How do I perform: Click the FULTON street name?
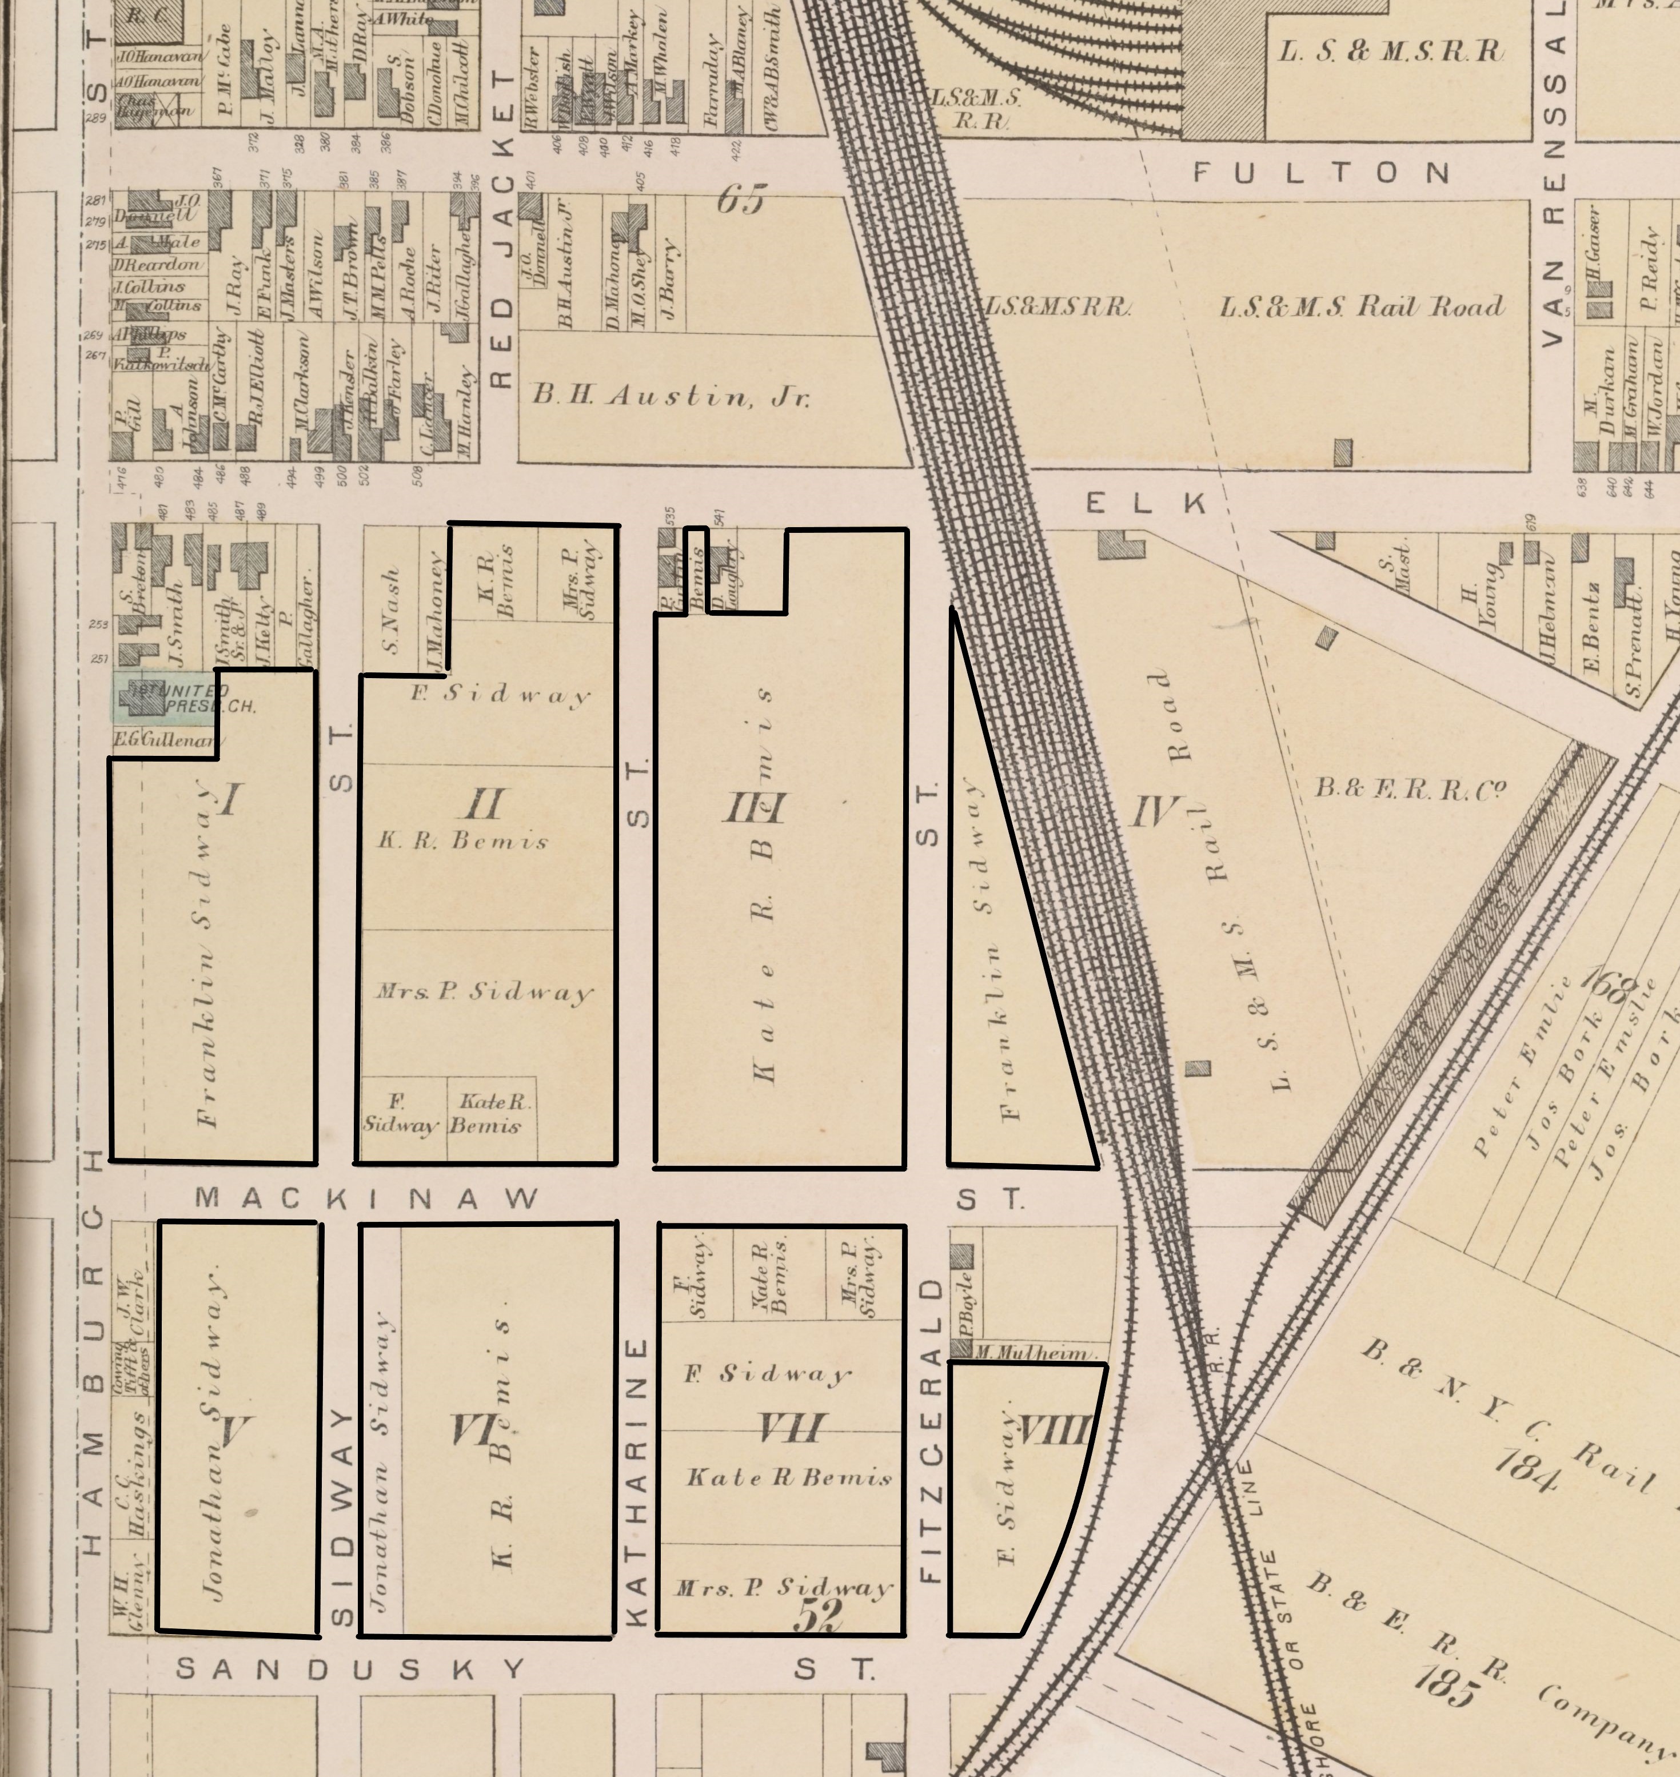click(1321, 172)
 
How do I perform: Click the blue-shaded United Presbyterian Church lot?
click(166, 699)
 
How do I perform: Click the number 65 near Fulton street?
click(741, 201)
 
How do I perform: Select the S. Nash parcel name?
click(389, 598)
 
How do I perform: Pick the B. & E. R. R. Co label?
click(1410, 788)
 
